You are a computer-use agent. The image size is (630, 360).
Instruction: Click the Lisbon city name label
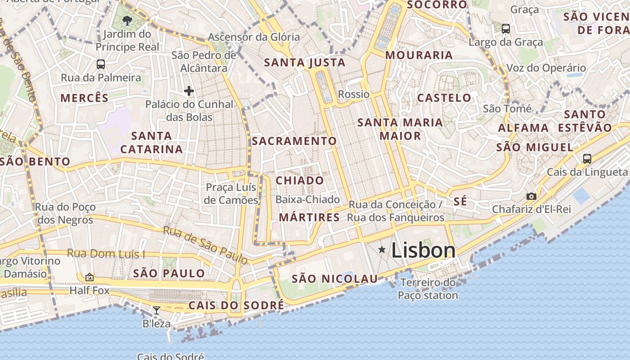click(x=423, y=250)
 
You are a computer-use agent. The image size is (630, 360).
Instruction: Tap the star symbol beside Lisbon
click(x=382, y=249)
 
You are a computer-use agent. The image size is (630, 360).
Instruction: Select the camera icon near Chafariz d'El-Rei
click(x=531, y=196)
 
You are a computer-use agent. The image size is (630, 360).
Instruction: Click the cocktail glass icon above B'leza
click(x=157, y=310)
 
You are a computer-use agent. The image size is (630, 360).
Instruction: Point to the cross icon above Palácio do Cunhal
click(x=189, y=91)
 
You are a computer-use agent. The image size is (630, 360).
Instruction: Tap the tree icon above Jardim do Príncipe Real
click(x=127, y=20)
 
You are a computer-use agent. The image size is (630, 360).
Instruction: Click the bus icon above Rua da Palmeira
click(x=101, y=64)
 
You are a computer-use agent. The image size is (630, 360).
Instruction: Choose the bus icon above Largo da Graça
click(x=506, y=29)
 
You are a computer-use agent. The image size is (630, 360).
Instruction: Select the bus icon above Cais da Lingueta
click(x=587, y=159)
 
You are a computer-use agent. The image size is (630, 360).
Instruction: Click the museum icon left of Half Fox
click(x=90, y=277)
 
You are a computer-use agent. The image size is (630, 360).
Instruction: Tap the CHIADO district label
click(x=300, y=180)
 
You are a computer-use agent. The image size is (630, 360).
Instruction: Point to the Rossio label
click(x=354, y=94)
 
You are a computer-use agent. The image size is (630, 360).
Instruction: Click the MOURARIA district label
click(x=419, y=55)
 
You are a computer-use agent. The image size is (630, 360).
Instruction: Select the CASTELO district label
click(x=444, y=98)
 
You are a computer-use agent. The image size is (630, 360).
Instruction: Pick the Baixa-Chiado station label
click(x=307, y=199)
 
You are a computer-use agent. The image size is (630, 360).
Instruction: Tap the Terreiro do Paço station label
click(x=428, y=289)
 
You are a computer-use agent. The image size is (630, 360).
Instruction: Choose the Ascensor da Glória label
click(x=254, y=37)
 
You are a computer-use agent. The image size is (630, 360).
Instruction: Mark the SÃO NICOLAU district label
click(x=335, y=279)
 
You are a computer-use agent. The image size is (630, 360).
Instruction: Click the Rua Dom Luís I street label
click(x=106, y=254)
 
